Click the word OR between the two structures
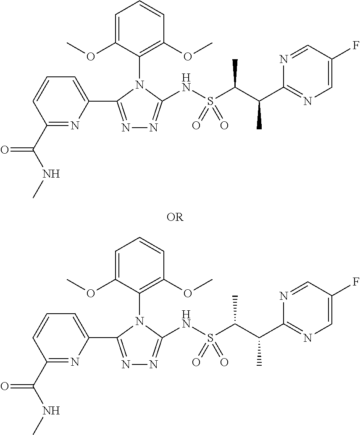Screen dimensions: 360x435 click(x=175, y=217)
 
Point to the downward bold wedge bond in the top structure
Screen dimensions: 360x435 click(x=260, y=115)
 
